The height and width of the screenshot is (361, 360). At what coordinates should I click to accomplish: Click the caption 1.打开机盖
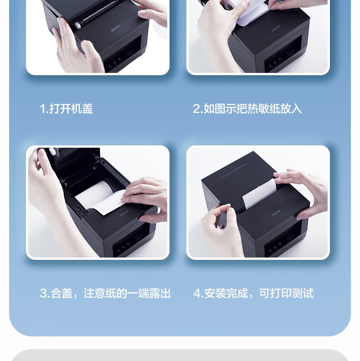(x=66, y=108)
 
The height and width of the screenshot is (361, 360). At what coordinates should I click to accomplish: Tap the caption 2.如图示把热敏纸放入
(x=247, y=108)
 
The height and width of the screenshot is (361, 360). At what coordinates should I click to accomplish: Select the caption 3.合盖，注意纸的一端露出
(x=105, y=294)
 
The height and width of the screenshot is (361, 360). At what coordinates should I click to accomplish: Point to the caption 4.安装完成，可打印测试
(x=253, y=294)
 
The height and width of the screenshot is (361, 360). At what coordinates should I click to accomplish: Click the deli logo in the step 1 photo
(x=116, y=30)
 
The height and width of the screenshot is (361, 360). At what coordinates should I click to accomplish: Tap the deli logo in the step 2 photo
(x=276, y=30)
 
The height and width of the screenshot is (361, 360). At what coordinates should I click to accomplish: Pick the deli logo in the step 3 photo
(x=124, y=213)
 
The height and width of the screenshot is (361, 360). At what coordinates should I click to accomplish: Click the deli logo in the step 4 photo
(x=276, y=213)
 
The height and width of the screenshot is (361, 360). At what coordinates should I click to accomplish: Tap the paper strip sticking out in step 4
(x=259, y=194)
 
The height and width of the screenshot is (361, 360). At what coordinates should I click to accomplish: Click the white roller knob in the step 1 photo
(x=77, y=25)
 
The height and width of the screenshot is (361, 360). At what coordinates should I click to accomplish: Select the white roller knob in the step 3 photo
(x=53, y=152)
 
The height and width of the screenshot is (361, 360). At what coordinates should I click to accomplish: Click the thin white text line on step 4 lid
(x=233, y=170)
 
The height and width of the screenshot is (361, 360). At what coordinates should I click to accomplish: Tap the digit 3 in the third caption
(x=43, y=294)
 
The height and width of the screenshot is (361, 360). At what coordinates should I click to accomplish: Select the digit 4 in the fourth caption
(x=197, y=294)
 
